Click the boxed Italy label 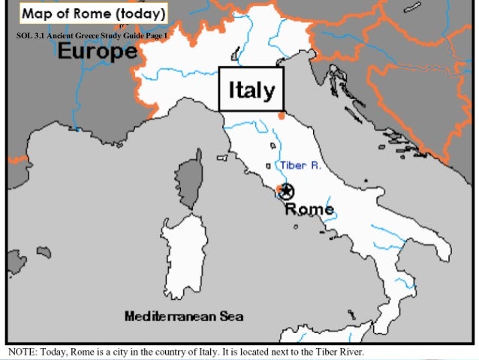point(252,89)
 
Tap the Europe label point(98,51)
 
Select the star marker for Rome point(285,192)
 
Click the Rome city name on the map point(309,209)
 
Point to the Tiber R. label point(300,165)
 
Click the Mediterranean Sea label point(183,316)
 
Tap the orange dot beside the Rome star point(278,188)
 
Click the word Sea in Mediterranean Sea point(230,316)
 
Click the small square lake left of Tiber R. point(269,165)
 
